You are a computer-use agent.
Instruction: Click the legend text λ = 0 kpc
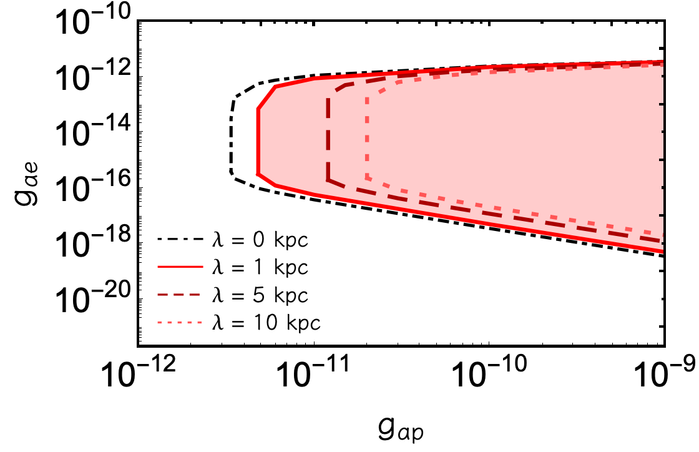coord(260,240)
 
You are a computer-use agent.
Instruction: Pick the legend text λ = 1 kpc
coord(260,267)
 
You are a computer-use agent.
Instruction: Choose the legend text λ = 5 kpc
coord(260,295)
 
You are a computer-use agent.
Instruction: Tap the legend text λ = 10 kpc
coord(266,323)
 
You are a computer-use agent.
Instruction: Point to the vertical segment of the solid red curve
coord(258,141)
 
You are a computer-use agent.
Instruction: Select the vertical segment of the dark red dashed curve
coord(328,139)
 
